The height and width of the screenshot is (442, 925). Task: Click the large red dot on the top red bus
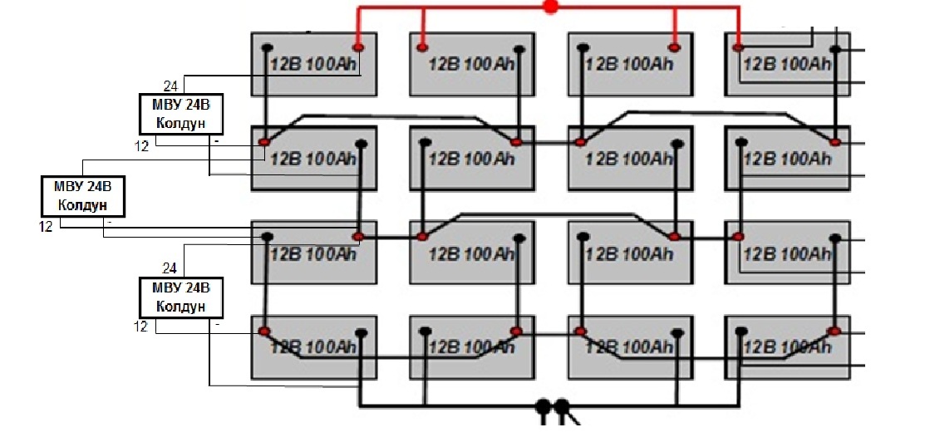point(550,7)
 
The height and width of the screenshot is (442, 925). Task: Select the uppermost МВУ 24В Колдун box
point(181,114)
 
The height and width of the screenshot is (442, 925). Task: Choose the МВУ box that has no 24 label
point(82,196)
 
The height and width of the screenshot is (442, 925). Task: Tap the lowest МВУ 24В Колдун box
point(181,297)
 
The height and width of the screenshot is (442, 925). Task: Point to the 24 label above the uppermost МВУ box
point(170,86)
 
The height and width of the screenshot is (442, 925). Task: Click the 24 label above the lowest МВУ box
point(170,268)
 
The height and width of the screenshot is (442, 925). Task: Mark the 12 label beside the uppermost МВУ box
point(141,145)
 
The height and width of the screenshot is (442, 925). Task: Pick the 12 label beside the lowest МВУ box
point(140,327)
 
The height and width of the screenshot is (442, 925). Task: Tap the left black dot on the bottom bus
point(543,406)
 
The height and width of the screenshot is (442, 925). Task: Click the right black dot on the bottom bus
point(562,406)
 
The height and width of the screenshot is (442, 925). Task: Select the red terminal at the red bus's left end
point(358,47)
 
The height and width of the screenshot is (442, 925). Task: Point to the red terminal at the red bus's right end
point(738,47)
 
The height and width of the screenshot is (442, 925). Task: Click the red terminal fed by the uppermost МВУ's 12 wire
point(263,142)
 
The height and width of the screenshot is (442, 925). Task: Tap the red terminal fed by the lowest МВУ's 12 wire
point(263,331)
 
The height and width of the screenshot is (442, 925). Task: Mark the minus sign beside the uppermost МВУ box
point(217,142)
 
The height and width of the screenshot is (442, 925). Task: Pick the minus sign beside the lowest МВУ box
point(217,325)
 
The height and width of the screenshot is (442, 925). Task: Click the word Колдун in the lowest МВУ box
point(181,307)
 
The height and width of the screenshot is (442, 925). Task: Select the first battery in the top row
point(314,64)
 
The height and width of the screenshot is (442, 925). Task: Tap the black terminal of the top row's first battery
point(267,47)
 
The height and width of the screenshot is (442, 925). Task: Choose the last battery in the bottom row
point(788,347)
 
